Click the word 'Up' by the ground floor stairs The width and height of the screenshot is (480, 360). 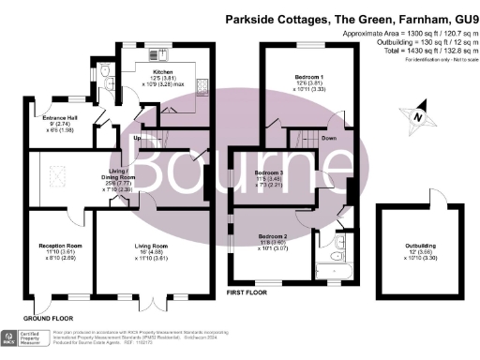click(137, 140)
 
